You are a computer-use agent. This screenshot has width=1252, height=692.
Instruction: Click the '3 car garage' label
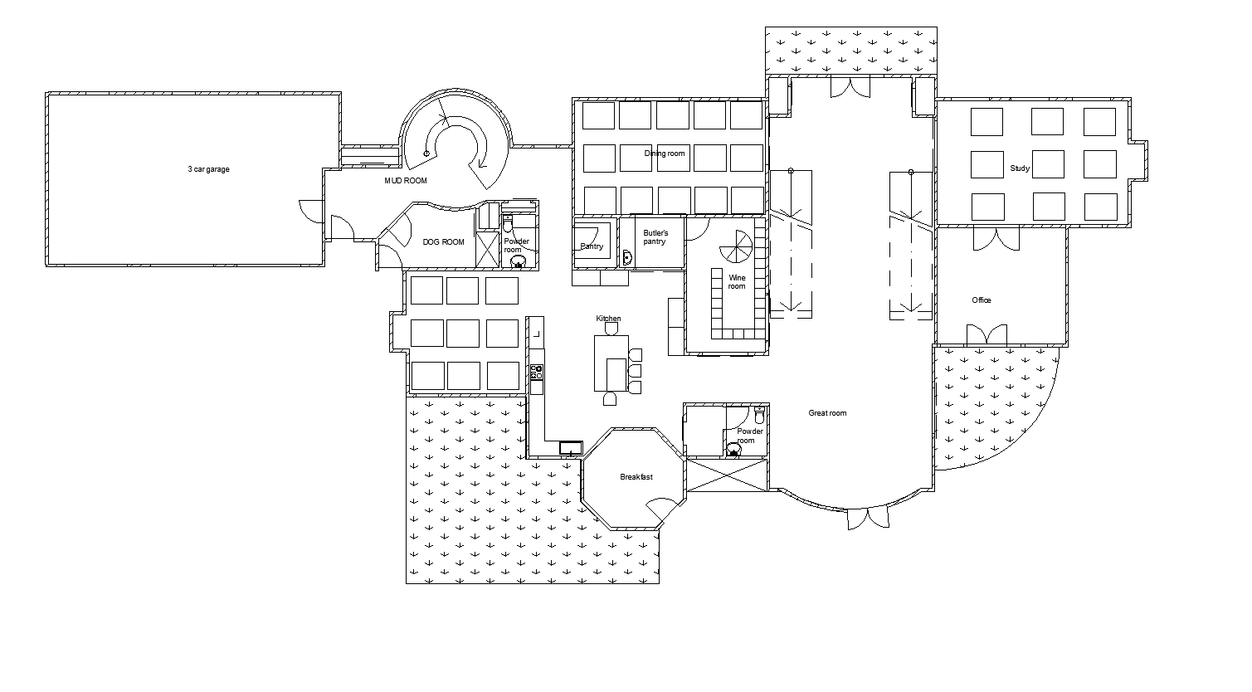[208, 169]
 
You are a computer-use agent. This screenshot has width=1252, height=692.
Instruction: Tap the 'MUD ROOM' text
[405, 180]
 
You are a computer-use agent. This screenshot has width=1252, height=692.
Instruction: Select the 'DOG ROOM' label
[443, 242]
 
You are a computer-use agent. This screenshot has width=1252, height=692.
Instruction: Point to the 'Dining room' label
[665, 154]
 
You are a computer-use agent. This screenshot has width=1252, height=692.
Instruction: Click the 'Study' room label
[1020, 168]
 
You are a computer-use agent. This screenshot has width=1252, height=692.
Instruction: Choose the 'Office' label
[982, 300]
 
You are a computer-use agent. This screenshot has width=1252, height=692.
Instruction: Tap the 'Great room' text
[827, 413]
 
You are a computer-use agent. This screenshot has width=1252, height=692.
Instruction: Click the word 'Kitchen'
[608, 319]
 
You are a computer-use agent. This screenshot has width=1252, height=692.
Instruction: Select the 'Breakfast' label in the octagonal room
[636, 477]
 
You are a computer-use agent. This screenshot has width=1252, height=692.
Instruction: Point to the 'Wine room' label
[737, 282]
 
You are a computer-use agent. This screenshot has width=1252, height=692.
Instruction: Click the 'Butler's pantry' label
[655, 237]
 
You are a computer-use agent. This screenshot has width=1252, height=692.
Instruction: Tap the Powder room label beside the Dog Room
[516, 246]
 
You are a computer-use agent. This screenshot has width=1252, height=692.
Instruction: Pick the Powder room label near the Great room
[750, 436]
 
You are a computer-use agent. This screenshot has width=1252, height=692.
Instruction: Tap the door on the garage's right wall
[311, 211]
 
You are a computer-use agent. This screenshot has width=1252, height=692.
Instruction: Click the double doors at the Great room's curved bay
[867, 518]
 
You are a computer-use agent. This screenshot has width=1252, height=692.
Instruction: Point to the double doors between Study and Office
[996, 238]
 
